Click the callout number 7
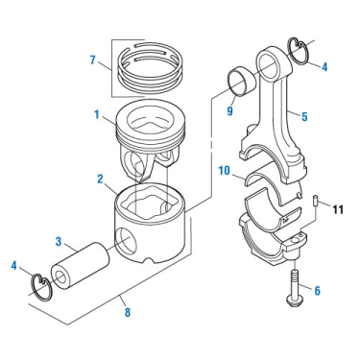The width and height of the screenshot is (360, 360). tap(92, 60)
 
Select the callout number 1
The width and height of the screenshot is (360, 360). tap(97, 114)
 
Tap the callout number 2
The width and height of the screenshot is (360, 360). tap(100, 179)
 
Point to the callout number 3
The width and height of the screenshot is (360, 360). tap(58, 241)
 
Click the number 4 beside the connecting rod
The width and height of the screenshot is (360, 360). tap(324, 67)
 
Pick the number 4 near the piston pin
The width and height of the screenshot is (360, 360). tap(13, 265)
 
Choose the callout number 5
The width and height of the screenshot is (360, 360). tap(304, 116)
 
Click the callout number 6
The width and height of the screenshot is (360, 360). tap(317, 291)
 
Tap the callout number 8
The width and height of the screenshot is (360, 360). tap(128, 312)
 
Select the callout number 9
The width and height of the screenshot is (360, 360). tap(230, 110)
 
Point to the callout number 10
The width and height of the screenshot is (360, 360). tap(225, 171)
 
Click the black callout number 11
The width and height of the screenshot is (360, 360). tap(338, 209)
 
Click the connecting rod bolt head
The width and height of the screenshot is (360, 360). tap(293, 300)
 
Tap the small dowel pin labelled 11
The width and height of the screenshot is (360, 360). tap(314, 202)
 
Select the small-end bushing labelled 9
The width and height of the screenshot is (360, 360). tap(242, 82)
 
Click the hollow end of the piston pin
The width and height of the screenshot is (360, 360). tap(60, 278)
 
